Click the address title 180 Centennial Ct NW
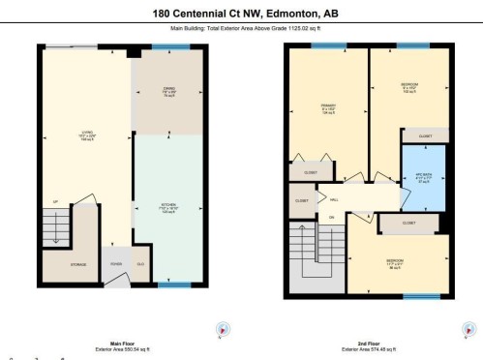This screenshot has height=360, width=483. tap(241, 15)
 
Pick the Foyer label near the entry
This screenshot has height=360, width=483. tap(115, 263)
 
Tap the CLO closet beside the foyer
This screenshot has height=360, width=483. tap(140, 263)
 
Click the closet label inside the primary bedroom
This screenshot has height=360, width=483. tap(311, 173)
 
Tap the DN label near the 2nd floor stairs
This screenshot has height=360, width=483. tap(331, 217)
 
